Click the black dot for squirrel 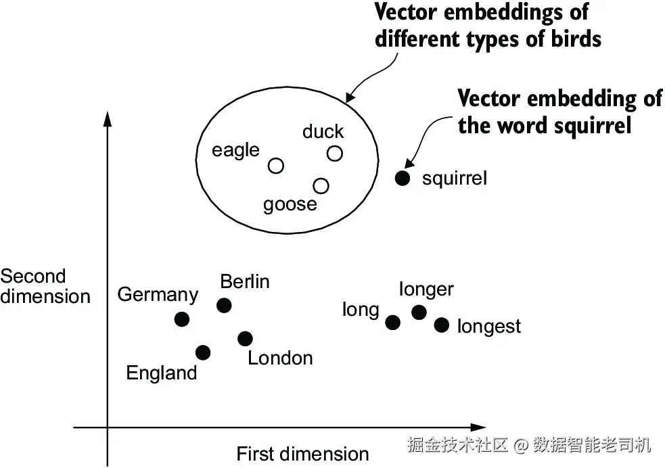pyautogui.click(x=403, y=179)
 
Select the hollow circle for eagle pyautogui.click(x=276, y=166)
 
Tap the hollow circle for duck pyautogui.click(x=335, y=154)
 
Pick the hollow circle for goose pyautogui.click(x=321, y=185)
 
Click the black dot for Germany pyautogui.click(x=182, y=319)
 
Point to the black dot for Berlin pyautogui.click(x=224, y=306)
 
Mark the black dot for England pyautogui.click(x=202, y=352)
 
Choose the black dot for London pyautogui.click(x=245, y=339)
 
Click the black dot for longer pyautogui.click(x=419, y=312)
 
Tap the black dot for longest pyautogui.click(x=442, y=325)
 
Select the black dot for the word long pyautogui.click(x=392, y=322)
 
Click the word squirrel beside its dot pyautogui.click(x=454, y=179)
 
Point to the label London pyautogui.click(x=280, y=358)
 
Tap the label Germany pyautogui.click(x=158, y=295)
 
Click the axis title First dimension pyautogui.click(x=302, y=454)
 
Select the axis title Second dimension pyautogui.click(x=45, y=287)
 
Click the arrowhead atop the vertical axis pyautogui.click(x=107, y=118)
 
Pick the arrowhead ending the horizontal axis pyautogui.click(x=479, y=427)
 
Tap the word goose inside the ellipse pyautogui.click(x=290, y=204)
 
